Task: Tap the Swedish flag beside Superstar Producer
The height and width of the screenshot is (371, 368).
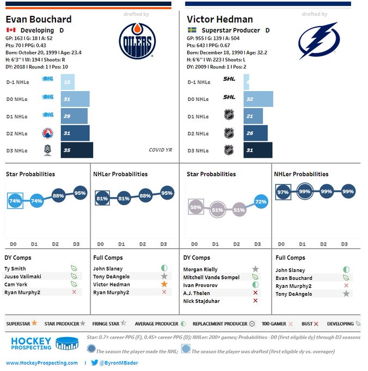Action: [x=192, y=31]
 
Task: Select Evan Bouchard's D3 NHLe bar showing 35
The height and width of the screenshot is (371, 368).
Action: [x=77, y=150]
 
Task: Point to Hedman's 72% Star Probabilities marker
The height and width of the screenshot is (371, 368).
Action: [x=261, y=202]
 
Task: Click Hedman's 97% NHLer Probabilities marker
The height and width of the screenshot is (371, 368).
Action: [x=283, y=192]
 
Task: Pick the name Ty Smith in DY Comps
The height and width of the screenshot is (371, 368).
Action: [x=15, y=268]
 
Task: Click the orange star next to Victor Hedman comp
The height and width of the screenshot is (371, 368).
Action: [x=164, y=284]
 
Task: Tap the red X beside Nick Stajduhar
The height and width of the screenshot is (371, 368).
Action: [x=255, y=301]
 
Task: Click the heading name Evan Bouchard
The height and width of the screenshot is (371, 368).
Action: [x=39, y=19]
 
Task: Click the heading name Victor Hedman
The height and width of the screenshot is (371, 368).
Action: [x=219, y=19]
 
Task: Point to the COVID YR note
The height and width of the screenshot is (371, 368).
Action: [x=160, y=150]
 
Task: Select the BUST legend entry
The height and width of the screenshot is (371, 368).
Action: [x=308, y=324]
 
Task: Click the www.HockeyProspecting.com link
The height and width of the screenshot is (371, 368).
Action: [x=42, y=363]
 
